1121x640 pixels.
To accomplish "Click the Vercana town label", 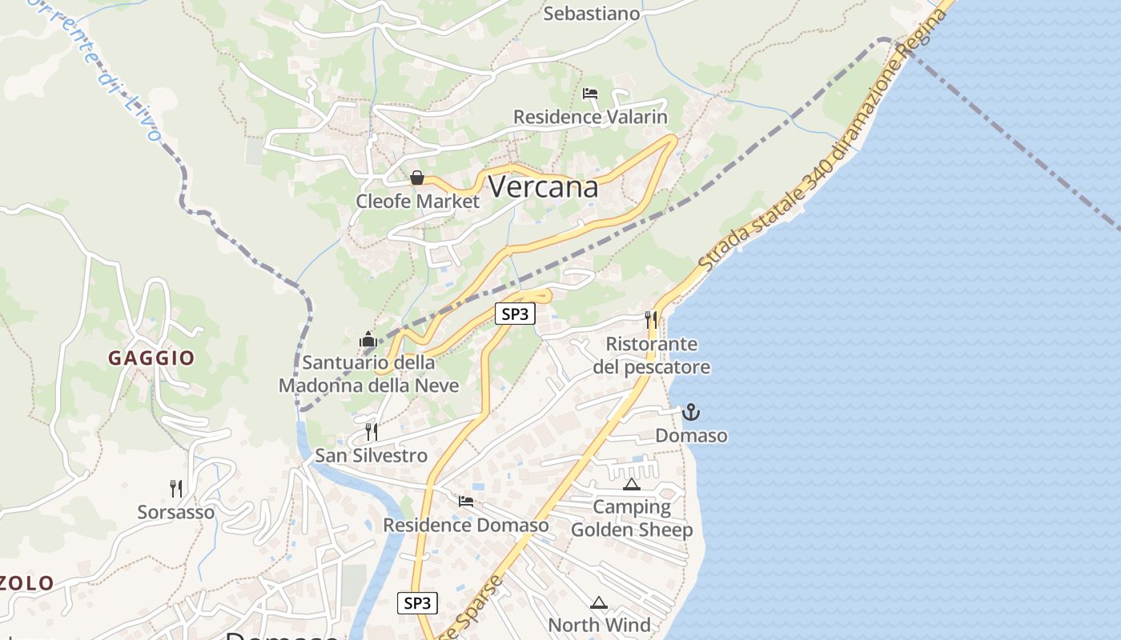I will tap(542, 186).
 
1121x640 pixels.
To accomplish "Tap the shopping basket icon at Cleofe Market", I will tap(417, 178).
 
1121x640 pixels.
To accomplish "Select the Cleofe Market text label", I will tap(417, 201).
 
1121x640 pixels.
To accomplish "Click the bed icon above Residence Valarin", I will tap(590, 94).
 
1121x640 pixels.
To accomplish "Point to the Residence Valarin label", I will tap(590, 117).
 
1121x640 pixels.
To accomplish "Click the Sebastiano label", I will tap(592, 14).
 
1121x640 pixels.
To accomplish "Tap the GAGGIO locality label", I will tap(151, 358).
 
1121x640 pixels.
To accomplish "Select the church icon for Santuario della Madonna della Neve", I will tap(368, 340).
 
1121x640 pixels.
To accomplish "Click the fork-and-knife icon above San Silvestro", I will tap(372, 432).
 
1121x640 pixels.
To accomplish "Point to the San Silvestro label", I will tap(371, 455).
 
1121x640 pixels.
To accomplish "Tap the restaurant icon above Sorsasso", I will tap(176, 488).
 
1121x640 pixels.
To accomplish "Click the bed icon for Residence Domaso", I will tap(466, 502).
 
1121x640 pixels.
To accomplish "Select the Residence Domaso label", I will tap(466, 525).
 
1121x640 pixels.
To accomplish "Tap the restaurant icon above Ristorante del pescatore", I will tap(651, 320).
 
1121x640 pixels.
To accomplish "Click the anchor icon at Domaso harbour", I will tap(691, 413).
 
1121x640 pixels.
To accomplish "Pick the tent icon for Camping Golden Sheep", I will tap(632, 484).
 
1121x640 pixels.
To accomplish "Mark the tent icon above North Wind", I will tap(599, 602).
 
